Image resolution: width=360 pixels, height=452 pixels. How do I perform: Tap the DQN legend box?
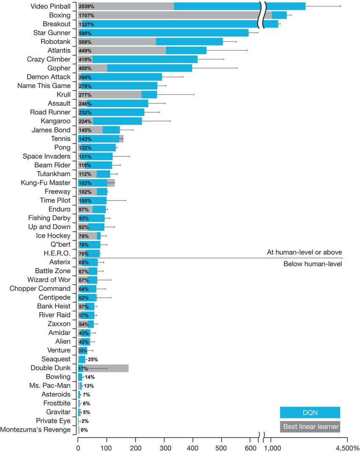(x=310, y=413)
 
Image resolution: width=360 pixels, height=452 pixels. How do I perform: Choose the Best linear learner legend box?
(x=310, y=427)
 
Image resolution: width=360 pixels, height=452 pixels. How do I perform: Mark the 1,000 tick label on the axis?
(x=278, y=447)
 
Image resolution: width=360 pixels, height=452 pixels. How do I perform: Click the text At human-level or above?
(x=304, y=252)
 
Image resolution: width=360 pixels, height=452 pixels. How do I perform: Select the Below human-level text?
(x=312, y=264)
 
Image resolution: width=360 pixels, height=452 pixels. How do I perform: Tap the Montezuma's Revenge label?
(x=36, y=430)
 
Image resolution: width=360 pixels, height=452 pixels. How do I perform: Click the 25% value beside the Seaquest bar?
(x=93, y=359)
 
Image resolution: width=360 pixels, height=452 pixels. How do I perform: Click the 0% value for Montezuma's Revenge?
(x=84, y=430)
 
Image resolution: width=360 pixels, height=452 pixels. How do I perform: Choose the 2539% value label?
(x=86, y=6)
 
